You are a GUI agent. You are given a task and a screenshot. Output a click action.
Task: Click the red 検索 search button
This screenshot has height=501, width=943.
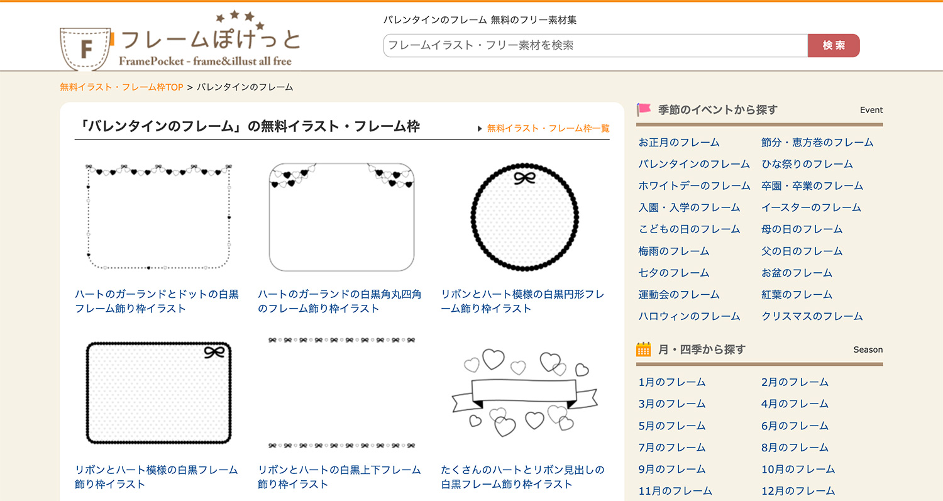click(833, 45)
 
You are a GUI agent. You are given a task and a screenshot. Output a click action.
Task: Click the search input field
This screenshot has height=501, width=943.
click(595, 45)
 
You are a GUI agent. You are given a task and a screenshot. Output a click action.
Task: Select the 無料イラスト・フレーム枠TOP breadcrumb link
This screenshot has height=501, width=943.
click(121, 87)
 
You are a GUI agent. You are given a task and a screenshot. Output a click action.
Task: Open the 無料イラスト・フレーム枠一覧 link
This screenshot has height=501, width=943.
click(548, 128)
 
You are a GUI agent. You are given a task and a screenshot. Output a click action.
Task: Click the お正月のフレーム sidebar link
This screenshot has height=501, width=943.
click(679, 142)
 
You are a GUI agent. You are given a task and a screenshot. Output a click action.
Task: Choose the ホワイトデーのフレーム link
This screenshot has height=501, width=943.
click(694, 185)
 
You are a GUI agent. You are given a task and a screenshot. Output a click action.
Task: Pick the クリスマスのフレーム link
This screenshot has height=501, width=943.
click(812, 316)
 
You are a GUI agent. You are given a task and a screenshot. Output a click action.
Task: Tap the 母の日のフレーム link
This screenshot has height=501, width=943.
click(802, 229)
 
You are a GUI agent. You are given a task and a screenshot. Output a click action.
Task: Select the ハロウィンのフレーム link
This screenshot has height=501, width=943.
click(689, 316)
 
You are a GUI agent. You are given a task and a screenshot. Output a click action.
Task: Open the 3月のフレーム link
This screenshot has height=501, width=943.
click(671, 404)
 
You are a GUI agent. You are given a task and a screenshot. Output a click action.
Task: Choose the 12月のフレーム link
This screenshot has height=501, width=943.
click(798, 490)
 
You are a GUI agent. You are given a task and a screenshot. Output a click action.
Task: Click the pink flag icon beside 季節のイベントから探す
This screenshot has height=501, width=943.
click(644, 109)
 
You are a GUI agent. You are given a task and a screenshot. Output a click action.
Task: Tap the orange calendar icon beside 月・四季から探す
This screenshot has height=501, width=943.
click(643, 350)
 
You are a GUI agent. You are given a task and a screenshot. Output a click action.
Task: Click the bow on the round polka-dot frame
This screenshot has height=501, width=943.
click(525, 178)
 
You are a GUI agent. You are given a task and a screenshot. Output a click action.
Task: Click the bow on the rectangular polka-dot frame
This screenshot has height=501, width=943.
click(214, 352)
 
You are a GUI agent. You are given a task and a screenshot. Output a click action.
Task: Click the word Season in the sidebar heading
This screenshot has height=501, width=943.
click(868, 350)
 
